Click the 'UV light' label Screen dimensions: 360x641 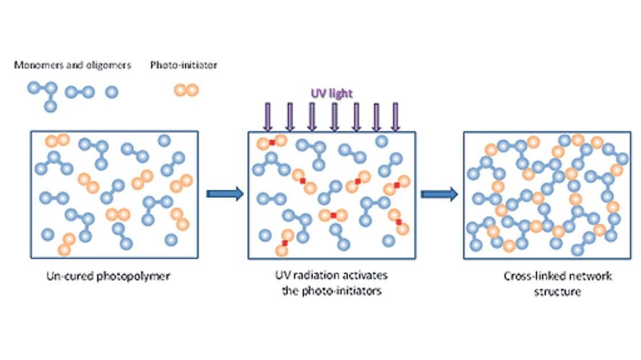pyautogui.click(x=331, y=93)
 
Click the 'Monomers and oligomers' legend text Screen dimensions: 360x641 pyautogui.click(x=73, y=65)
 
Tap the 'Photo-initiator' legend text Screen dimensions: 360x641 pyautogui.click(x=183, y=65)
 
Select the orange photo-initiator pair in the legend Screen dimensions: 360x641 pyautogui.click(x=186, y=91)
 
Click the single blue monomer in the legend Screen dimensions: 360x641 pyautogui.click(x=112, y=92)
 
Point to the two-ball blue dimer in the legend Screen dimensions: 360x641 pyautogui.click(x=79, y=92)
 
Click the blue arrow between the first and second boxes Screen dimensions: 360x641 pyautogui.click(x=224, y=194)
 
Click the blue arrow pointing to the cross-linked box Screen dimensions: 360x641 pyautogui.click(x=439, y=194)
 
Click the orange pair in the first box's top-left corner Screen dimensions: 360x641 pyautogui.click(x=57, y=140)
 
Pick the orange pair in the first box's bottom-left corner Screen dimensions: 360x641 pyautogui.click(x=66, y=244)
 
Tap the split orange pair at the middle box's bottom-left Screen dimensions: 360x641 pyautogui.click(x=284, y=243)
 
